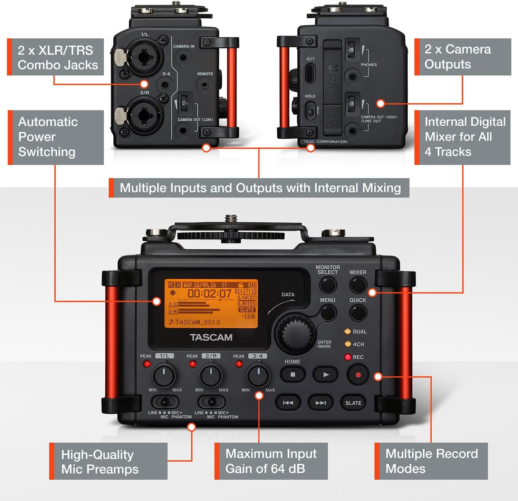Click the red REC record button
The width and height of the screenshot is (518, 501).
coord(358,375)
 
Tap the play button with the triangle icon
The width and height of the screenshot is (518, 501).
coord(326,374)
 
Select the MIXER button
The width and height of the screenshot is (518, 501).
coord(358,285)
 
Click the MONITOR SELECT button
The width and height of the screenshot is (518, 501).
coord(328,285)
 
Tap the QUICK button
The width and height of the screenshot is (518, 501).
coord(358,313)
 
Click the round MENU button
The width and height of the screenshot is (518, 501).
coord(328,313)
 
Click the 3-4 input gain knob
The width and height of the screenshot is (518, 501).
coord(258,375)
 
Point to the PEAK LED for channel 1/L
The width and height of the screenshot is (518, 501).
coord(147,364)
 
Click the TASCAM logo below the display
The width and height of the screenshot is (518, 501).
coord(211,337)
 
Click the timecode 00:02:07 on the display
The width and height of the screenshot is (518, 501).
coord(210,294)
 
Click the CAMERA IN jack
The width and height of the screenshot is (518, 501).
coord(183,57)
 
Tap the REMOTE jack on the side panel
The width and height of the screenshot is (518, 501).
coord(205,85)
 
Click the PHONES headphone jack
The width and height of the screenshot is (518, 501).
coord(352,77)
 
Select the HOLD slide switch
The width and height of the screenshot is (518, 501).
coord(310,111)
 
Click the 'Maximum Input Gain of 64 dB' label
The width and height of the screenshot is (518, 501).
coord(271,461)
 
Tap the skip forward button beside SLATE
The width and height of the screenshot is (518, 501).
coord(320,403)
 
